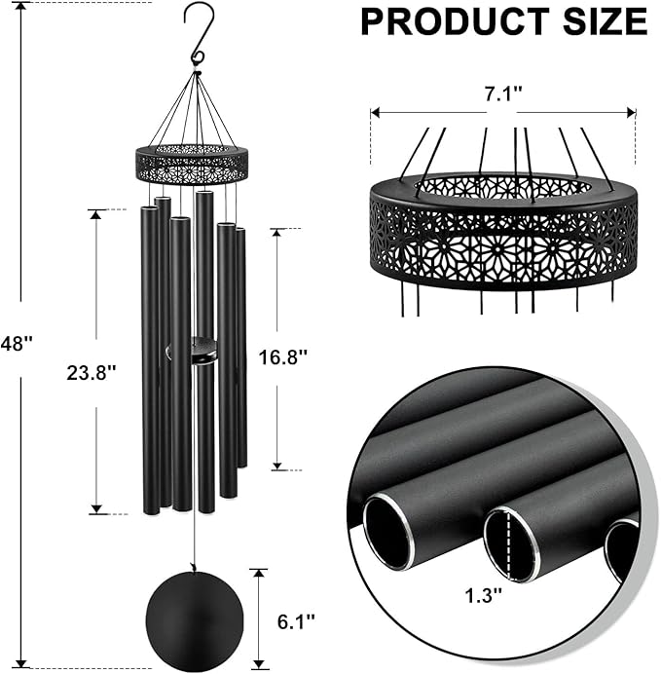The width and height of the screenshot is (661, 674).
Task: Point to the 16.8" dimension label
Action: (282, 356)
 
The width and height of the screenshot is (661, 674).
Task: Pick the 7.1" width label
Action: (503, 94)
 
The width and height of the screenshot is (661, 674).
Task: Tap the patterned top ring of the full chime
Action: (193, 164)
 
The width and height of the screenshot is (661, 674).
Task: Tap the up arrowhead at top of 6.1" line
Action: (257, 575)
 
